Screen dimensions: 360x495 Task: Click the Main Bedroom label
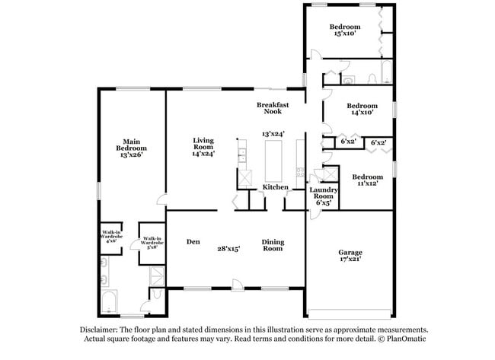click(x=130, y=148)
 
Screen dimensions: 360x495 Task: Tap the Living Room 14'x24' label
click(x=203, y=146)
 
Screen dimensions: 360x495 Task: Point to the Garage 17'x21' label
click(x=350, y=256)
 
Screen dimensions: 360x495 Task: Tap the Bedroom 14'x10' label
click(x=362, y=109)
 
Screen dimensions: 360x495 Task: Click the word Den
click(x=193, y=242)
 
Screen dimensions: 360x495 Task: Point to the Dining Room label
click(x=273, y=246)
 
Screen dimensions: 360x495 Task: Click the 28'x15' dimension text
click(x=228, y=248)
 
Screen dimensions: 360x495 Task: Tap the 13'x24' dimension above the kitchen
click(x=273, y=134)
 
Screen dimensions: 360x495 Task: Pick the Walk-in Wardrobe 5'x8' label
click(x=151, y=242)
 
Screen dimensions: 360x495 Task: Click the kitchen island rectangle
click(x=273, y=160)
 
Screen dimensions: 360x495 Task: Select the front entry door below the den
click(x=238, y=286)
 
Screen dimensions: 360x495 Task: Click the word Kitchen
click(x=275, y=187)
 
